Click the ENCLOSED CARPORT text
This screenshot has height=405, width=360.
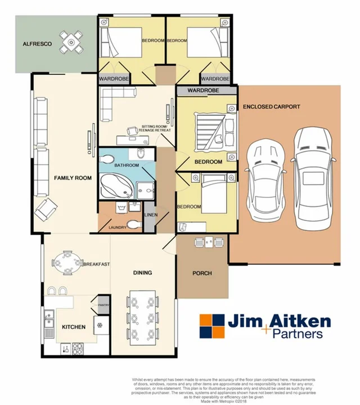click(271, 106)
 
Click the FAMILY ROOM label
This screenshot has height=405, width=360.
click(73, 178)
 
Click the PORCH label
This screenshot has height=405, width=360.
click(202, 274)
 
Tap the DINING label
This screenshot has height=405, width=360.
click(142, 273)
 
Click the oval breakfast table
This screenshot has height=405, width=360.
click(67, 263)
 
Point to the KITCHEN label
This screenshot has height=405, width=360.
click(74, 327)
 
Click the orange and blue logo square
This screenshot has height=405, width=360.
click(213, 326)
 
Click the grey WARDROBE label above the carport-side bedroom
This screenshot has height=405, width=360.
click(203, 90)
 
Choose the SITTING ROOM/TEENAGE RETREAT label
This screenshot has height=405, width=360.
click(156, 129)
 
